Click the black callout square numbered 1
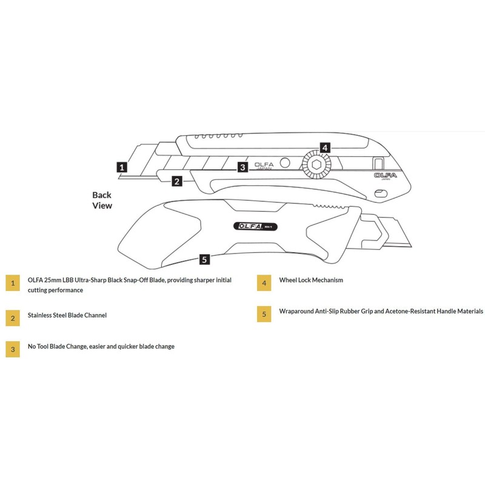122,166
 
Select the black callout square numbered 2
176,181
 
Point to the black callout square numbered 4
324,147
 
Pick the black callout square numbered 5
205,259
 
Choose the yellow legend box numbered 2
13,316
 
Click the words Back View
102,200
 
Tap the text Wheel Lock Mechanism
311,281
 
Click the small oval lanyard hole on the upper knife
381,193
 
